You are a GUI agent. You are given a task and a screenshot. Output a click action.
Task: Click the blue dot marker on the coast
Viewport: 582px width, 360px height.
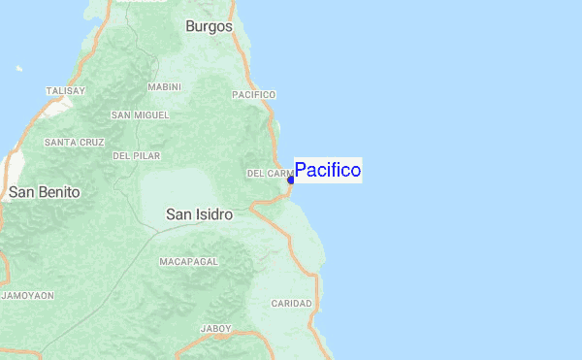tap(291, 180)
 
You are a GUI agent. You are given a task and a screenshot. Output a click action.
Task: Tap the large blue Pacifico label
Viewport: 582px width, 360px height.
tap(328, 171)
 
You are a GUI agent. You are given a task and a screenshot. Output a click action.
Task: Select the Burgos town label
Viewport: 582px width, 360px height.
tap(209, 26)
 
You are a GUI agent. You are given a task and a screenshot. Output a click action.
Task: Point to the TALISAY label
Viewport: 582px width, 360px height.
tap(66, 91)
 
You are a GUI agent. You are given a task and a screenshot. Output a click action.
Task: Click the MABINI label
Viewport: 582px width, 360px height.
tap(164, 86)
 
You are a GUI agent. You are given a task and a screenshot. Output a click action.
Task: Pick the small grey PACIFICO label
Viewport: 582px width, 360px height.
tap(254, 94)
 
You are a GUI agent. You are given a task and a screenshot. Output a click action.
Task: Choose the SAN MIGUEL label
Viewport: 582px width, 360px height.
tap(140, 115)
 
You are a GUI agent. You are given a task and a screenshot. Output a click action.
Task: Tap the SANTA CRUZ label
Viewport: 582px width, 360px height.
tap(74, 142)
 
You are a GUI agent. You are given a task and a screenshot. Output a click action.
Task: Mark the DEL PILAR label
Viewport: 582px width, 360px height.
tap(136, 155)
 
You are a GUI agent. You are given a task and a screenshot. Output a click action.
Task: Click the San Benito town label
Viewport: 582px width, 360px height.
tap(45, 192)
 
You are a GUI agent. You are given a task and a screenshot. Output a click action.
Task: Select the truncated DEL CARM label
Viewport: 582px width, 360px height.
tap(270, 174)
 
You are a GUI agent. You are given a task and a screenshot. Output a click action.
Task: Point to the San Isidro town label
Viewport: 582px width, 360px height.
tap(199, 213)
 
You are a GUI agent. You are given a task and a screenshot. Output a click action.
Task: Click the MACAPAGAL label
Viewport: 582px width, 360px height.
tap(189, 262)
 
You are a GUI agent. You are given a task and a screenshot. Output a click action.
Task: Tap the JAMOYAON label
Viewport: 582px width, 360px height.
tap(27, 294)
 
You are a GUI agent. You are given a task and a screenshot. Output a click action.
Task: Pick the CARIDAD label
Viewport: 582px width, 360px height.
tap(291, 304)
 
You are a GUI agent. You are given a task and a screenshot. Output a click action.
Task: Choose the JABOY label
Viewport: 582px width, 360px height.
tap(215, 329)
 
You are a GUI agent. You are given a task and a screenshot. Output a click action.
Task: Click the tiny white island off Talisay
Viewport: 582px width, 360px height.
tap(18, 69)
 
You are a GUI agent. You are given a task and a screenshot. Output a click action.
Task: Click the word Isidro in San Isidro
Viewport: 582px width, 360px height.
tap(212, 213)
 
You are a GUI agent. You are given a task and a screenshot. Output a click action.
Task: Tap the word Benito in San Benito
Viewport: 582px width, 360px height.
tap(59, 192)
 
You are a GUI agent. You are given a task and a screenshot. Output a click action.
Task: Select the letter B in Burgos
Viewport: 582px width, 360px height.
tap(190, 26)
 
